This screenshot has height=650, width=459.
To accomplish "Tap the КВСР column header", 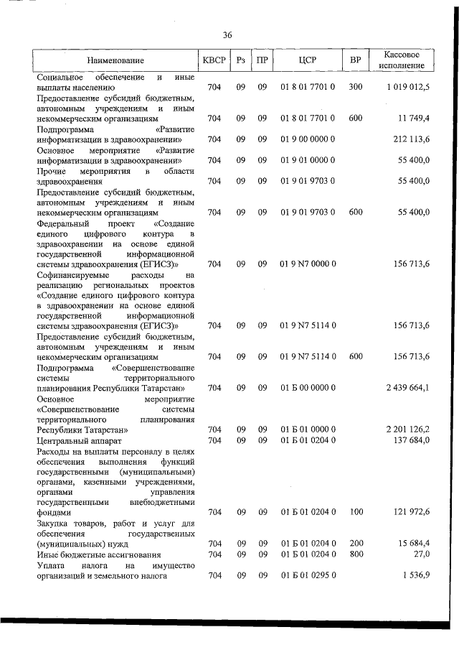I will pos(214,60).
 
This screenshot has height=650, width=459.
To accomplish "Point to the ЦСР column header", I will pos(308,60).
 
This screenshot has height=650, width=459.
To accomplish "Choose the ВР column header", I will pos(355,60).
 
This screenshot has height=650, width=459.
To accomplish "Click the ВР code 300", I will pos(355,87).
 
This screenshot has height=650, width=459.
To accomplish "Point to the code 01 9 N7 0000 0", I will pos(308,264).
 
